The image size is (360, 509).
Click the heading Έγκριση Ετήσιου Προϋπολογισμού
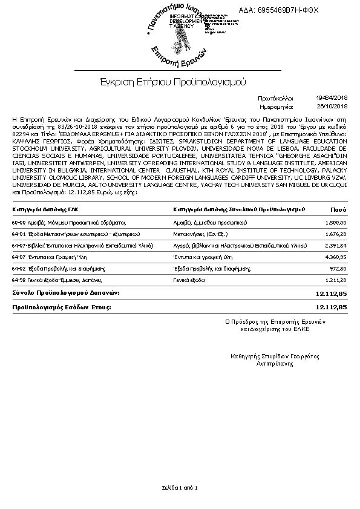(174, 81)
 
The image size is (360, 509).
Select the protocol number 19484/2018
(332, 97)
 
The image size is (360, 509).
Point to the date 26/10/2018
(333, 105)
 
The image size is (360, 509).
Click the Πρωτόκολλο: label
(275, 97)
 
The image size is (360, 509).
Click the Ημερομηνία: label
(275, 105)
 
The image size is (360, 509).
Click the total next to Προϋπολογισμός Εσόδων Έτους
(331, 307)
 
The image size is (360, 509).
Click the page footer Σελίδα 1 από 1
(180, 487)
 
